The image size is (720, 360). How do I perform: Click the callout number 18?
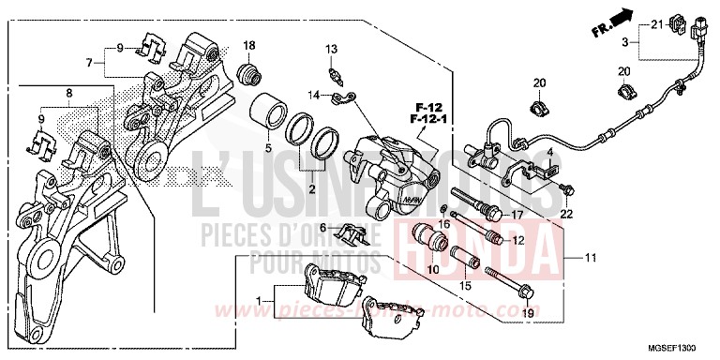tap(249, 46)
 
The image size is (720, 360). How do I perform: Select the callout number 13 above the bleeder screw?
tap(331, 49)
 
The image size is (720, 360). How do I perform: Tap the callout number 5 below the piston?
tap(266, 147)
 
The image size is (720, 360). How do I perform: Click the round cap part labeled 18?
tap(249, 72)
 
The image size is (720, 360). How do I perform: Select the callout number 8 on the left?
tap(67, 93)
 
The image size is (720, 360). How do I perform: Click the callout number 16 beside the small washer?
tap(446, 224)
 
